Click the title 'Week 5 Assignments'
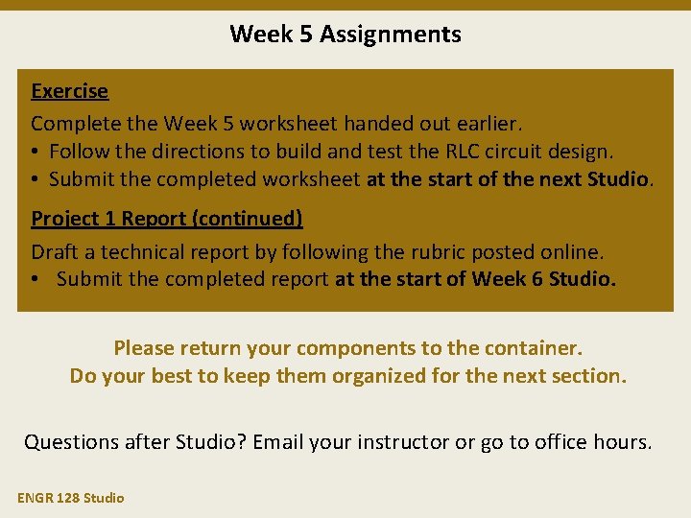[x=345, y=35]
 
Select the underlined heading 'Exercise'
[x=69, y=91]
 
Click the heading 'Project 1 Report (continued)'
[x=167, y=219]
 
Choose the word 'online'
[x=573, y=252]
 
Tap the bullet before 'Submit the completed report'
[x=36, y=280]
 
